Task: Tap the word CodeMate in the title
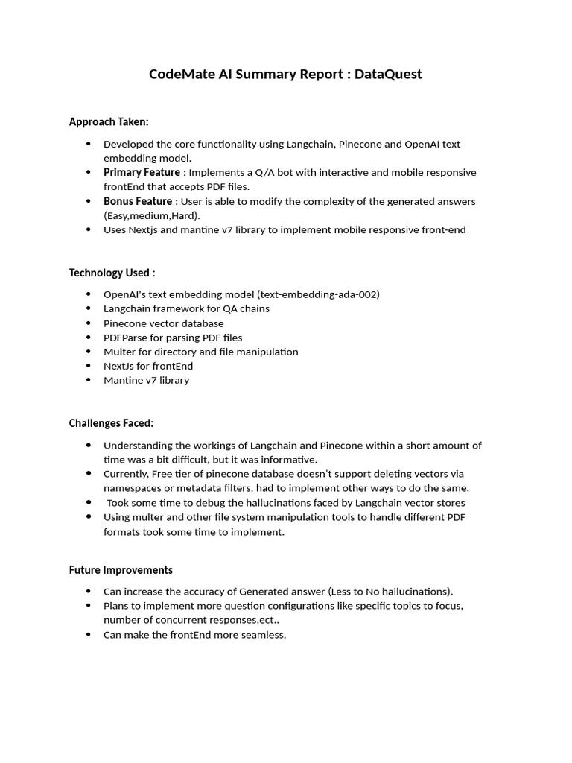(x=179, y=74)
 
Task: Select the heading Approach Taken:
(x=109, y=121)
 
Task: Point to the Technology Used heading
(x=112, y=273)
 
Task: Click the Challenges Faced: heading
(x=111, y=423)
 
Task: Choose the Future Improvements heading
(x=121, y=570)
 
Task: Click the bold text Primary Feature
(x=142, y=173)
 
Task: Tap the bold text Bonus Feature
(x=138, y=201)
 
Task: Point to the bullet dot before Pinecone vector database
(x=89, y=323)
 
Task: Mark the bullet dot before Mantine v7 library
(x=89, y=380)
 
